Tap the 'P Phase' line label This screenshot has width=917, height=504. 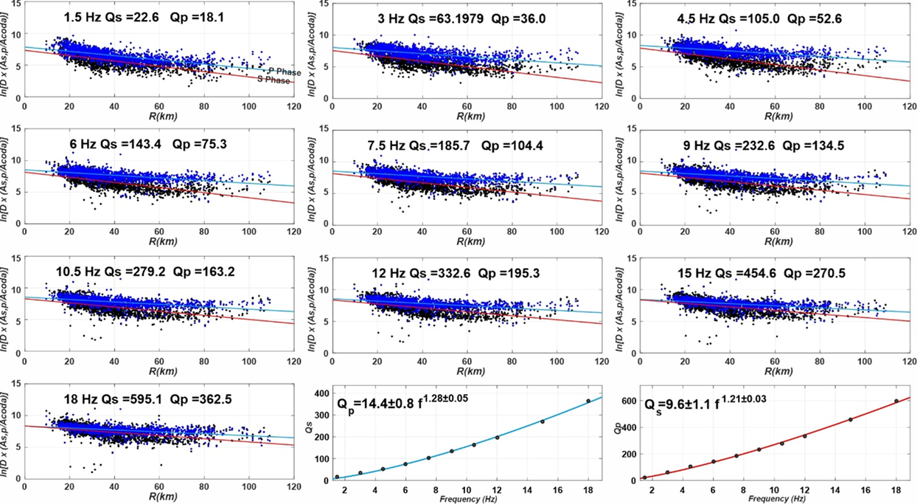click(282, 70)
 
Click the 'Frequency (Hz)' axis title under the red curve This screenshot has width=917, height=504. click(763, 499)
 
